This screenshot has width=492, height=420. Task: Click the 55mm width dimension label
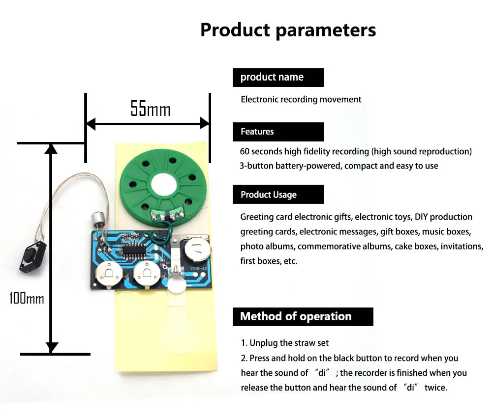coord(150,109)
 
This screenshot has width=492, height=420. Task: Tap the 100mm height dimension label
coord(27,298)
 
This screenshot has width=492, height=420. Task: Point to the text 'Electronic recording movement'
coord(301,99)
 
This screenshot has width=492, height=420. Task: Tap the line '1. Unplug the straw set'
coord(285,343)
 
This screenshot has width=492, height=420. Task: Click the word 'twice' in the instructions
coord(435,388)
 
